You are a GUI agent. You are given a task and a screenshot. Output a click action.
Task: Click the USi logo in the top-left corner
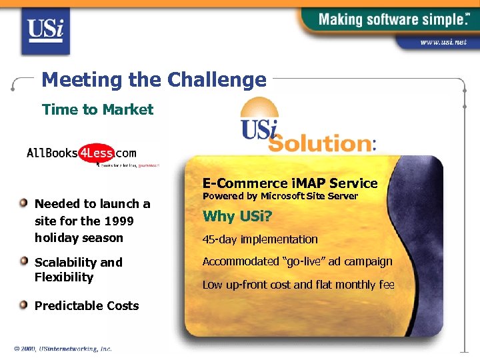(45, 29)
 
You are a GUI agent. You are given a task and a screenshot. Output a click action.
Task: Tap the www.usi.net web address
(443, 42)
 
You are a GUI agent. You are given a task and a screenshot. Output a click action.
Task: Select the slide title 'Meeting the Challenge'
(154, 80)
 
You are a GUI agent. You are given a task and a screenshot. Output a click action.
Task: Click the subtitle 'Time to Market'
(97, 109)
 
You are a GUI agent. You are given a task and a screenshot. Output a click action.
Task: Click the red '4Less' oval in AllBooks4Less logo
(97, 153)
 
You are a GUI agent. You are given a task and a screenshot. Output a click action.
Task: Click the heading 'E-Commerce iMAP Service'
(290, 183)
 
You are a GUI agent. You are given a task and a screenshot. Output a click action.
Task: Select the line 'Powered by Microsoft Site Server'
(280, 196)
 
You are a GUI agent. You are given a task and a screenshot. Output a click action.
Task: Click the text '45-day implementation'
(260, 239)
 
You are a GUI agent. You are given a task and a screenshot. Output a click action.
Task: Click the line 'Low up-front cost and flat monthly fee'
(298, 285)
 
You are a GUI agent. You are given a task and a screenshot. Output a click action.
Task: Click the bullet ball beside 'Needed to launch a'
(23, 203)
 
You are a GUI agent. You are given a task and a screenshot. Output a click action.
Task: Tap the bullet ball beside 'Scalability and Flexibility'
(23, 261)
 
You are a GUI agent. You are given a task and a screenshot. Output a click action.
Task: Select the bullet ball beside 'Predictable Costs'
(23, 305)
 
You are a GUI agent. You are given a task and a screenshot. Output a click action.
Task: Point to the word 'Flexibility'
(64, 277)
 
